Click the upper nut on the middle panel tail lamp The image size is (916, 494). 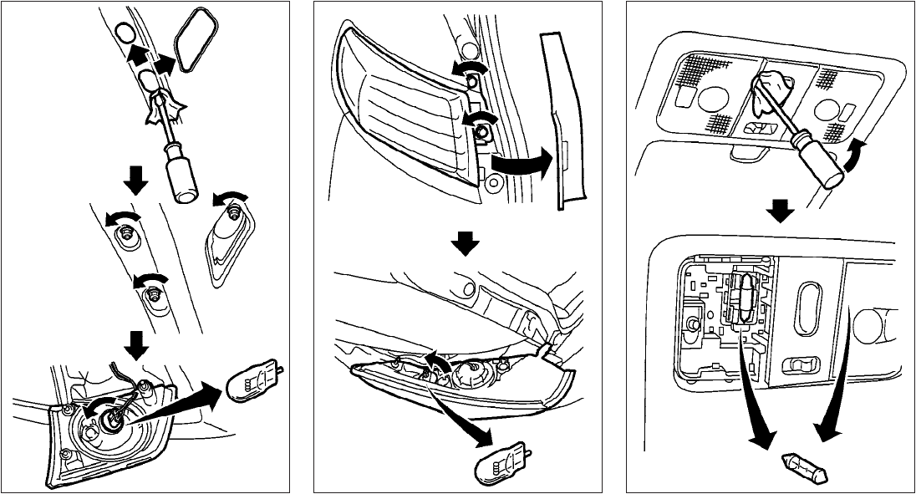(x=472, y=79)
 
